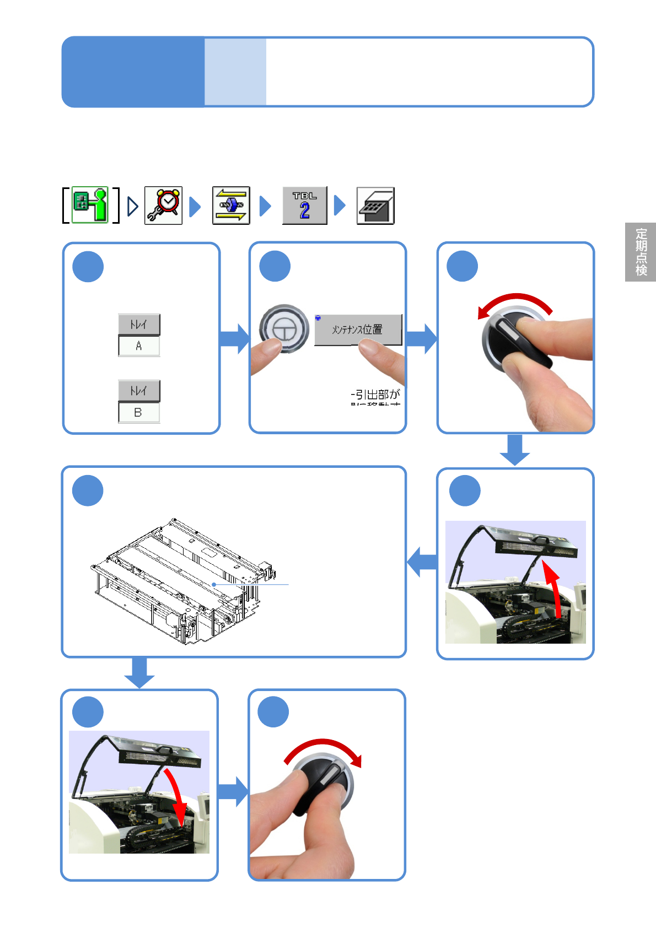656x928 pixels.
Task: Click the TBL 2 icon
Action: coord(304,206)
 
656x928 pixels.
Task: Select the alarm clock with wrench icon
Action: coord(163,206)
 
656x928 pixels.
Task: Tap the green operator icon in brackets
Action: coord(90,205)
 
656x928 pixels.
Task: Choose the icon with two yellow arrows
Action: coord(231,206)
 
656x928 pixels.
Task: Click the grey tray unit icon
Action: coord(375,206)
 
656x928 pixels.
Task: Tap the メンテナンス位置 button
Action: coord(358,330)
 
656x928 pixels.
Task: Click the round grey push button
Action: coord(284,329)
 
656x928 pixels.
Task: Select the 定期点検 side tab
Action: coord(641,252)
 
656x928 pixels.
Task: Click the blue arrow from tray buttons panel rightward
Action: coord(234,338)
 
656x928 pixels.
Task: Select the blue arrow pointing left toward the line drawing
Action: coord(422,562)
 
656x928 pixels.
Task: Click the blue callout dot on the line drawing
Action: coord(214,585)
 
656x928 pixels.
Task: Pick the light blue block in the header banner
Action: coord(235,72)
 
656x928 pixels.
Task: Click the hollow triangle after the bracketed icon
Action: coord(132,206)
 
